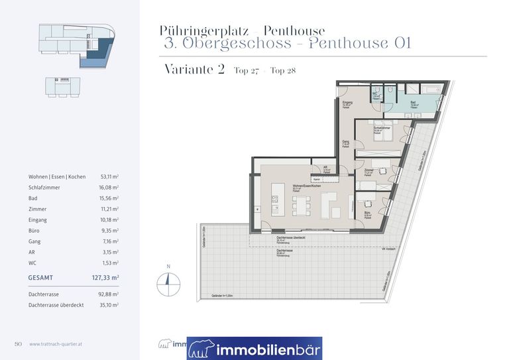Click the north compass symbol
168,283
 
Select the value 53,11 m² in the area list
106,177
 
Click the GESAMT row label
40,278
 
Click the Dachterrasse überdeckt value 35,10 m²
106,304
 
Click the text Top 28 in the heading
284,71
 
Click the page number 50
19,343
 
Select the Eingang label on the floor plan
347,103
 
